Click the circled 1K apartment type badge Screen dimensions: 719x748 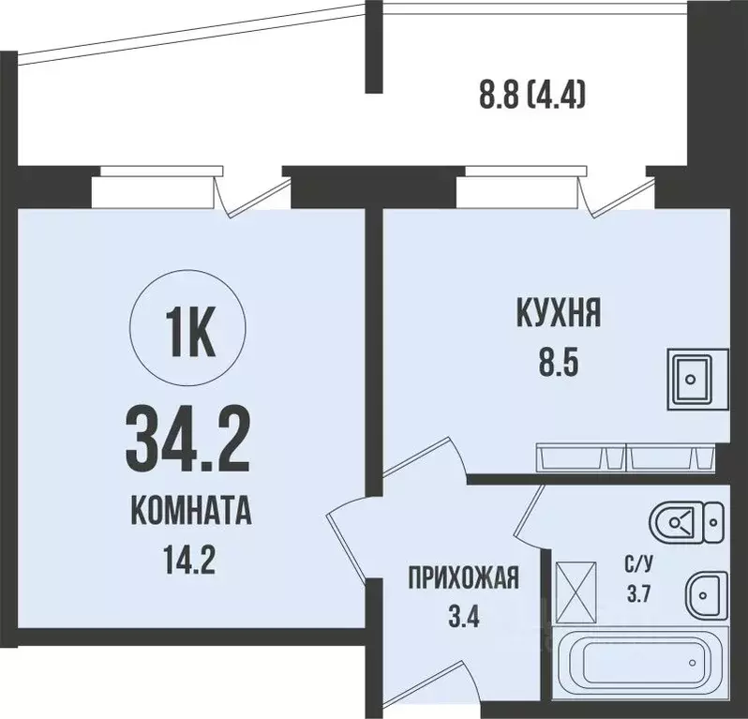click(190, 332)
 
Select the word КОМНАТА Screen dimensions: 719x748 click(190, 513)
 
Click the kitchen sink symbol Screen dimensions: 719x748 click(696, 378)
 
